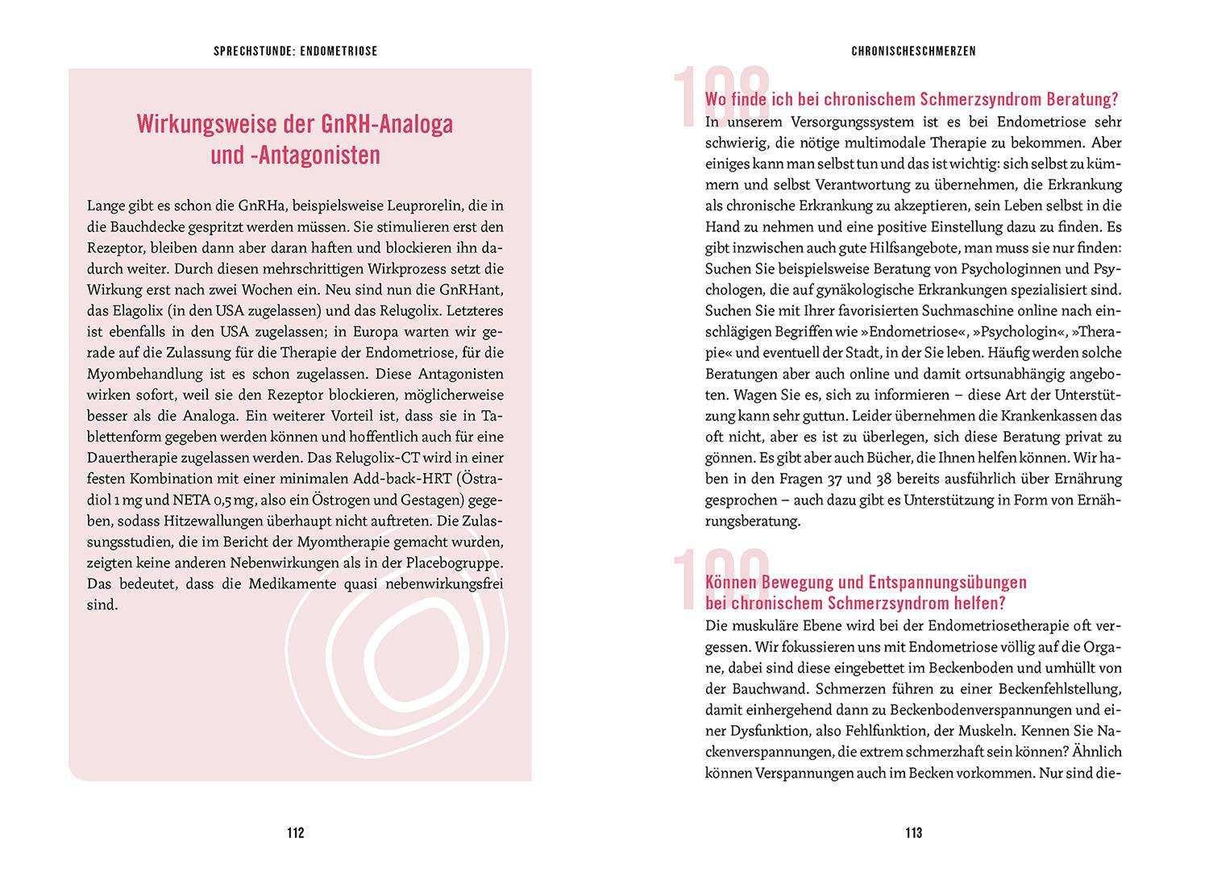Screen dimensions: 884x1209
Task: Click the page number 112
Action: [295, 832]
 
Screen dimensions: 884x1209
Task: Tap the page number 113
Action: [913, 832]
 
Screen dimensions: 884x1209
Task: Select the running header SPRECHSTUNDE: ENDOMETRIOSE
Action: [296, 51]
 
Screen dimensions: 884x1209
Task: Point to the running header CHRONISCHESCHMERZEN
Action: [913, 51]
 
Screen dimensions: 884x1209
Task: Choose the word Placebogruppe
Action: [455, 562]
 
